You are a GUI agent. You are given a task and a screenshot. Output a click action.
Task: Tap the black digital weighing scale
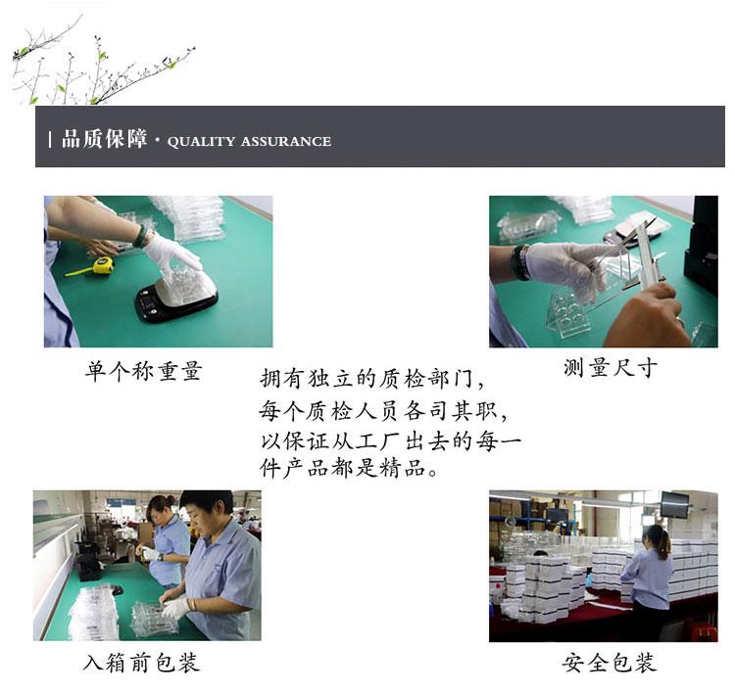(175, 300)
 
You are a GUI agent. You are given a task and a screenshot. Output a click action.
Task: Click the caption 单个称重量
(143, 371)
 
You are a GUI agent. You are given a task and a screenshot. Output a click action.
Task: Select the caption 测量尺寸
(611, 368)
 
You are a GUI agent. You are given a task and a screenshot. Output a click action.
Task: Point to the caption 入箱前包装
(141, 663)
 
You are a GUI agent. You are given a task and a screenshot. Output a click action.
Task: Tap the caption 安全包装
(610, 663)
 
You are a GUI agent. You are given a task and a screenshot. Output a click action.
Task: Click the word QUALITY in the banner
(201, 141)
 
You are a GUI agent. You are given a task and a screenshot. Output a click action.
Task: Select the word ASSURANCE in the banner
(286, 141)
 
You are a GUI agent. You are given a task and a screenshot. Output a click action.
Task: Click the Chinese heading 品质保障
(104, 139)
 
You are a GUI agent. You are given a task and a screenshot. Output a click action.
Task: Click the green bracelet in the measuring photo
(520, 261)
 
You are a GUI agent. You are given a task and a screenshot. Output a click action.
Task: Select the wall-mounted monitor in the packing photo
(674, 504)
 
